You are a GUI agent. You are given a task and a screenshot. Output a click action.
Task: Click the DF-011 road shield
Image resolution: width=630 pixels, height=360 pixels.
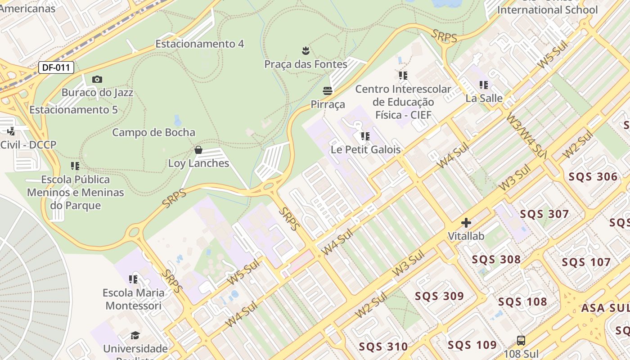[56, 68]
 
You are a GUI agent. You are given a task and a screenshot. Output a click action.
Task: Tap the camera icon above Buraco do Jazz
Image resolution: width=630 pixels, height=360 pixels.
[97, 80]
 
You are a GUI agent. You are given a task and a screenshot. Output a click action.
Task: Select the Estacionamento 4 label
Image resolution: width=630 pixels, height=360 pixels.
[199, 44]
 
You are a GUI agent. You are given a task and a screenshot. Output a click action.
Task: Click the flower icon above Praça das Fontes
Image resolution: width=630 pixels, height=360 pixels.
[306, 50]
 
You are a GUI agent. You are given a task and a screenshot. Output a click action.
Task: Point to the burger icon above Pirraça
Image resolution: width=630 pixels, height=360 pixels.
[328, 91]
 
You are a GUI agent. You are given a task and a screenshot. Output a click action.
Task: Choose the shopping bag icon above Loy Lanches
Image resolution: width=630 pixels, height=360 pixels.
[198, 150]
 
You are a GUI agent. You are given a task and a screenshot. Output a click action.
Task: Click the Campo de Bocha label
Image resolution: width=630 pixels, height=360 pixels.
[153, 132]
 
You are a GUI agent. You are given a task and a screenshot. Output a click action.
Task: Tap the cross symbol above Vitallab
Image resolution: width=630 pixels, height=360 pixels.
[466, 223]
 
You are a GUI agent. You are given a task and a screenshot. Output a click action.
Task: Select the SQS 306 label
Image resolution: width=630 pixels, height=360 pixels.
[593, 176]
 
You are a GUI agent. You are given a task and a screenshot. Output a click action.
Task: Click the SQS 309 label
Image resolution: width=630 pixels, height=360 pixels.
[439, 296]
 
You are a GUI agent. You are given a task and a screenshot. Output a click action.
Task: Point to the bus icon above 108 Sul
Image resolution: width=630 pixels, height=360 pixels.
[521, 341]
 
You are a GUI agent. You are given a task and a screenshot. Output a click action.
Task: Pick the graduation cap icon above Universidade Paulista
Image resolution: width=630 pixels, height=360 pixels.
[135, 335]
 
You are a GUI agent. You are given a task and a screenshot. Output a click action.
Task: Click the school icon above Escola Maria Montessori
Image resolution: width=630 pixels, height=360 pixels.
[133, 279]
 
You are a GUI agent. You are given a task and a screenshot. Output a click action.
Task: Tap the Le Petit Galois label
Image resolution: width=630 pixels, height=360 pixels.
[365, 149]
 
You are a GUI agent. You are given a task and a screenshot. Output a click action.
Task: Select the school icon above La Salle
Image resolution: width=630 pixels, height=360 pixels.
[484, 85]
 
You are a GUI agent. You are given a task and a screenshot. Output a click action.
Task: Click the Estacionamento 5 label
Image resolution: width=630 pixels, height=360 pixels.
[73, 110]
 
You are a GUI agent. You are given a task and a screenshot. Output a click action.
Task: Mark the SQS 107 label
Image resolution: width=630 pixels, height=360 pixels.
[586, 262]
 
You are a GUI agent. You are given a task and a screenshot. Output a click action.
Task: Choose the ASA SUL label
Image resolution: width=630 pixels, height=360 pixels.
[604, 308]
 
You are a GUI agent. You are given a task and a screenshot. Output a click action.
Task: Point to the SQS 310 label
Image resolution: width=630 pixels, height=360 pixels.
[383, 346]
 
